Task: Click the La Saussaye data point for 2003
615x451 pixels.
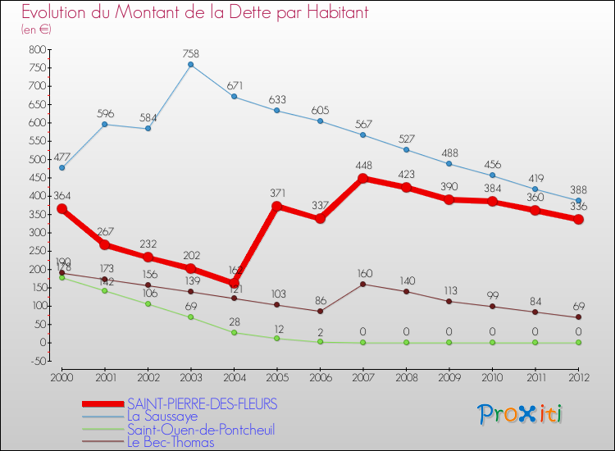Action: [190, 65]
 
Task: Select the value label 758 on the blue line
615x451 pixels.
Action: [190, 54]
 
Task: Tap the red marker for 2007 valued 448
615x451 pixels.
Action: [363, 178]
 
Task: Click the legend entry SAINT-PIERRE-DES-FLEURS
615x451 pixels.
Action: [202, 404]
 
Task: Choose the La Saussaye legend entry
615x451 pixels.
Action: [162, 417]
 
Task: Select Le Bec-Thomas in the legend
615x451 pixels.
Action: [170, 443]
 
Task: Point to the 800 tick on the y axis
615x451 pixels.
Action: [37, 50]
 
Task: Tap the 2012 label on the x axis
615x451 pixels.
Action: [578, 376]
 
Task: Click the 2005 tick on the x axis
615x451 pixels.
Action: [276, 376]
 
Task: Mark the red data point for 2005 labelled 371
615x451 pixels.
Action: [276, 207]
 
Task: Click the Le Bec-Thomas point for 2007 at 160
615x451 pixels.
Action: [363, 284]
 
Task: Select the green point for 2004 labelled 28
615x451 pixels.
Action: [234, 332]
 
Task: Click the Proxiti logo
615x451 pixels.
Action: [521, 414]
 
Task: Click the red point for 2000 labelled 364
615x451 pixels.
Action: [61, 209]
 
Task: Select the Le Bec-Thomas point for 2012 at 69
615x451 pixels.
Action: [578, 317]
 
